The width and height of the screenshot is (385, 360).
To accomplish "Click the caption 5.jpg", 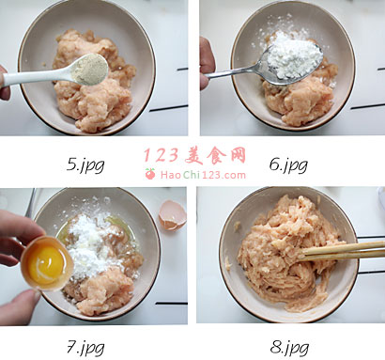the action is [x=85, y=164].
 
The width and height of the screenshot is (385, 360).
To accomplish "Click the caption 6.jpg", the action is [x=288, y=164].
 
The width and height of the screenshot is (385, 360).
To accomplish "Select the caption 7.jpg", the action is [x=85, y=347].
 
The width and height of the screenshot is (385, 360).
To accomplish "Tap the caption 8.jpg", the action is [x=289, y=347].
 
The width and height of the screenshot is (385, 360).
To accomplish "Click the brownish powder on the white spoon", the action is [x=89, y=69].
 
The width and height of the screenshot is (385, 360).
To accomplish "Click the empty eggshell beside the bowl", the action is [x=172, y=215].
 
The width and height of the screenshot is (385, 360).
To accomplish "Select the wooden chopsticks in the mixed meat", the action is [x=342, y=251].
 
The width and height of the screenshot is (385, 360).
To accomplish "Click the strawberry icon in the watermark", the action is [x=150, y=174].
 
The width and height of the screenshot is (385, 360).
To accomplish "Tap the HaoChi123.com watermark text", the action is [x=203, y=175].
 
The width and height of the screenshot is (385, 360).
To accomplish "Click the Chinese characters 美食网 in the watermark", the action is [x=215, y=155].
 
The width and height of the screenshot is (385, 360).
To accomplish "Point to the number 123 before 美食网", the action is [x=161, y=155].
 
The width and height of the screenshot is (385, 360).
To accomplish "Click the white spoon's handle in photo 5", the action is [x=36, y=77].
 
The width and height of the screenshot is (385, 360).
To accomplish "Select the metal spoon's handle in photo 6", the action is [x=233, y=72].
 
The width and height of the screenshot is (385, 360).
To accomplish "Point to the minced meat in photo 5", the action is [x=94, y=82].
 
